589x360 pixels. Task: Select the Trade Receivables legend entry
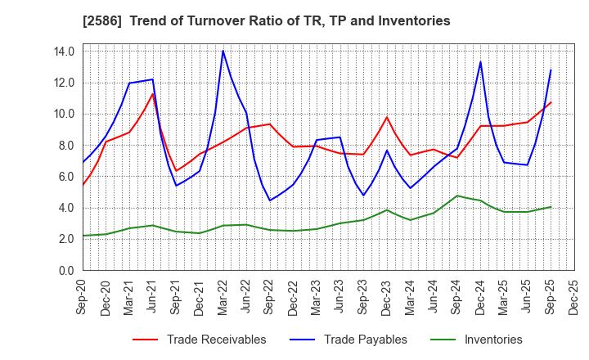pos(216,340)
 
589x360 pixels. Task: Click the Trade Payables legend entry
pos(365,340)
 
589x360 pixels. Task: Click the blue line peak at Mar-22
pos(223,51)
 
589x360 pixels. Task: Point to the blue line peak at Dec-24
pos(480,61)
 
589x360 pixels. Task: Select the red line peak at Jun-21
pos(152,93)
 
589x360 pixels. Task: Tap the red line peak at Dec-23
pos(387,117)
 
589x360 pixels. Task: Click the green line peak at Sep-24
pos(457,196)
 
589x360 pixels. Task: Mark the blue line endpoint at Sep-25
pos(551,70)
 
